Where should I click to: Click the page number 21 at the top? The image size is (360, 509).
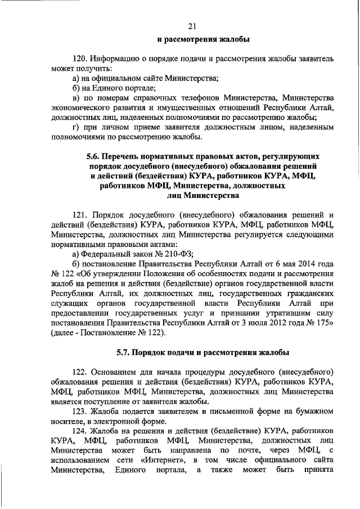click(192, 26)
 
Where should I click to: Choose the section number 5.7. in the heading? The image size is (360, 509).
click(126, 353)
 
